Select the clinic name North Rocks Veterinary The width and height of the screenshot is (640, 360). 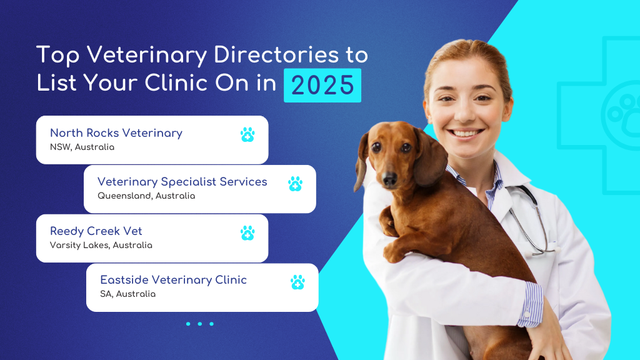coord(116,133)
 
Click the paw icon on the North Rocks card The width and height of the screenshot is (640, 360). coord(247,134)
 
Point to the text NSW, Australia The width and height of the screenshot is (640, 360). coord(82,147)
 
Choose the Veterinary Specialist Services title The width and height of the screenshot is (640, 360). coord(182,182)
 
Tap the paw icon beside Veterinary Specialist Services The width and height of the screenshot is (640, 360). coord(295,183)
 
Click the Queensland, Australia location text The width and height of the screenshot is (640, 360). coord(146,196)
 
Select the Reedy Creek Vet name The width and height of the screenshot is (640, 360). coord(96,231)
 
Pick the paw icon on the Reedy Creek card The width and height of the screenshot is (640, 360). coord(247,232)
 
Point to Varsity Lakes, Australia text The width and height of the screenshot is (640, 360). coord(101,245)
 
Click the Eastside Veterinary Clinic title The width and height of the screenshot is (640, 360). coord(173,280)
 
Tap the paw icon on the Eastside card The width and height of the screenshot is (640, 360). coord(297,282)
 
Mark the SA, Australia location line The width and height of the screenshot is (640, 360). coord(128,294)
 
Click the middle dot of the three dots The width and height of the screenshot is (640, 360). coord(199,324)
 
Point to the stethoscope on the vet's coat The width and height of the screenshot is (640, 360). coord(531,219)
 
